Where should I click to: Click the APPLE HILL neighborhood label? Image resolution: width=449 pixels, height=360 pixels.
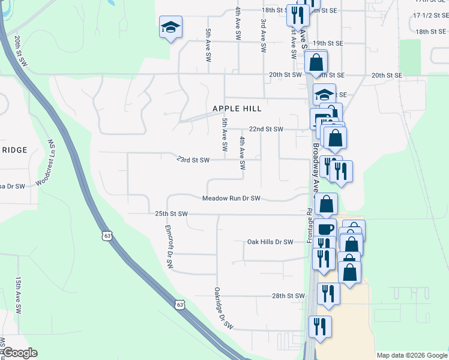tap(237, 109)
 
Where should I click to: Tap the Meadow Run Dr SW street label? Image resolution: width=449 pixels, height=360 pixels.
tap(231, 198)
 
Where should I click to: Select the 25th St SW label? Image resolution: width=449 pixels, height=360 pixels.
tap(171, 214)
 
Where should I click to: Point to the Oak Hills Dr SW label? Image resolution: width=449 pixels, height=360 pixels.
tap(270, 242)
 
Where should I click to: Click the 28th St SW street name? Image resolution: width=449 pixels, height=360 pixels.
tap(289, 296)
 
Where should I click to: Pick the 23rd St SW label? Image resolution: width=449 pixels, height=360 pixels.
tap(193, 160)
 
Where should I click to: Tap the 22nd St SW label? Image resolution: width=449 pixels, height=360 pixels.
tap(265, 129)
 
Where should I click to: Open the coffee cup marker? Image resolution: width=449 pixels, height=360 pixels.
tap(325, 229)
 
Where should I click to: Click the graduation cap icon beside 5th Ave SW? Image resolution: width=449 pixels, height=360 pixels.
tap(170, 27)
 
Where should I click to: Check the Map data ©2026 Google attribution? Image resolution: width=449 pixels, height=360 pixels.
tap(412, 355)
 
